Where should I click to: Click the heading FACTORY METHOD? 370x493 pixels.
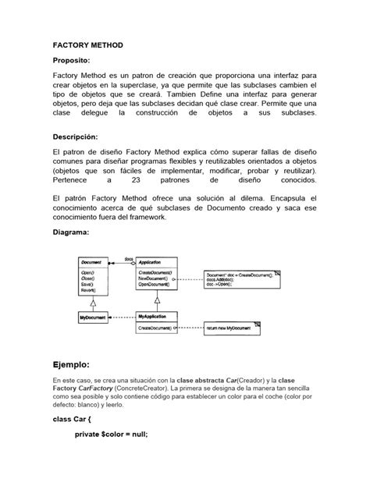click(x=87, y=46)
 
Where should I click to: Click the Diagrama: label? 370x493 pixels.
click(x=71, y=232)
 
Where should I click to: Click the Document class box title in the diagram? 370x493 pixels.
click(x=91, y=264)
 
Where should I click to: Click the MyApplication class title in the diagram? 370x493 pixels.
click(x=154, y=317)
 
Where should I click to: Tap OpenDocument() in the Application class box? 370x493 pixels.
click(x=155, y=286)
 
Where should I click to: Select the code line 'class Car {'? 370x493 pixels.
click(x=73, y=441)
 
